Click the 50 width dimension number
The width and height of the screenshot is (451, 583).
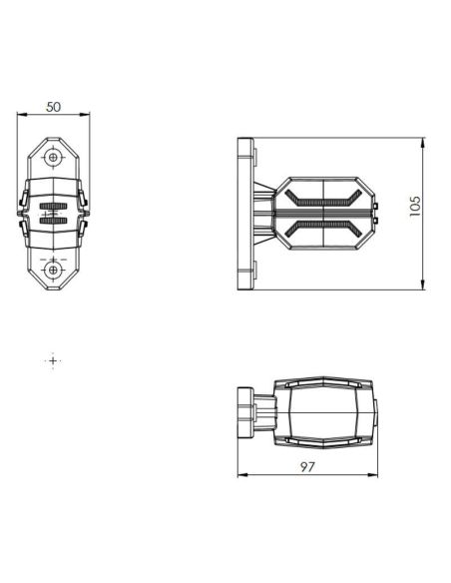(54, 105)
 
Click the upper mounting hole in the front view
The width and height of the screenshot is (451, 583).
(54, 157)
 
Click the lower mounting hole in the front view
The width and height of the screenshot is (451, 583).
(54, 269)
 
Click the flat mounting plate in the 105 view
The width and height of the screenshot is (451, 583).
(243, 213)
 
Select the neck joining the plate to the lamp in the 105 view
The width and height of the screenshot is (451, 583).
(263, 213)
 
